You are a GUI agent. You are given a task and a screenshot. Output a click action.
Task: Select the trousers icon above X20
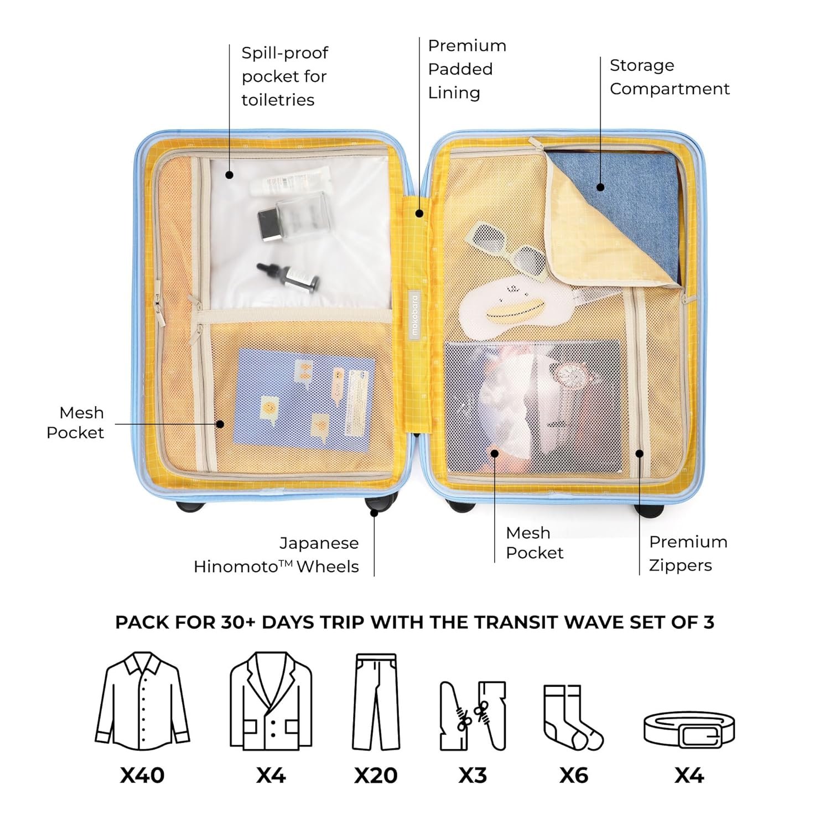pyautogui.click(x=376, y=702)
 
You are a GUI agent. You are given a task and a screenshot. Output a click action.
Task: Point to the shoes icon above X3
pyautogui.click(x=473, y=715)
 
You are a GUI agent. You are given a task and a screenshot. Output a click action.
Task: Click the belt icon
pyautogui.click(x=689, y=729)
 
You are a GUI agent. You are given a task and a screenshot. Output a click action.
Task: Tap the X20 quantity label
pyautogui.click(x=376, y=775)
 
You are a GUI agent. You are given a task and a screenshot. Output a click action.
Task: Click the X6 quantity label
pyautogui.click(x=574, y=775)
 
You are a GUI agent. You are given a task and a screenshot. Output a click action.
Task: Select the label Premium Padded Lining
pyautogui.click(x=467, y=69)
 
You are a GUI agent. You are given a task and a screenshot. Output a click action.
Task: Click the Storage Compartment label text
pyautogui.click(x=670, y=77)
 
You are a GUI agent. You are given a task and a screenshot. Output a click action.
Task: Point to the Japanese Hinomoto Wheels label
pyautogui.click(x=277, y=554)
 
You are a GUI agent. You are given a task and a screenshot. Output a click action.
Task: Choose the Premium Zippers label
pyautogui.click(x=688, y=553)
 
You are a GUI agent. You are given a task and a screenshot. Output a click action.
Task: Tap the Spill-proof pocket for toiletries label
pyautogui.click(x=285, y=76)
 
